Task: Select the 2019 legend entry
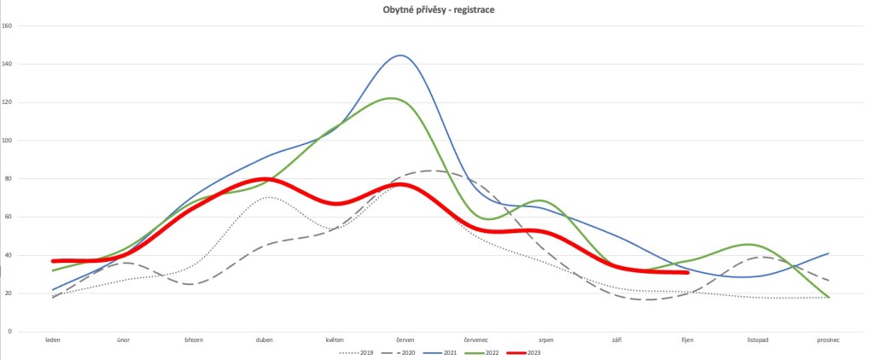coord(363,351)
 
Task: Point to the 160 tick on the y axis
coord(30,26)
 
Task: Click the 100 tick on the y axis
coord(30,140)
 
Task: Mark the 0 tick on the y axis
coord(32,331)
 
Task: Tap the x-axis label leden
coord(53,340)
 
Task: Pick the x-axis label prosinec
coord(829,340)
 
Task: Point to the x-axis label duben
coord(265,340)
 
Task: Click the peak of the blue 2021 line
coord(399,55)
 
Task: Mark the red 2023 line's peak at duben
coord(265,179)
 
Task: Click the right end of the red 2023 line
coord(687,272)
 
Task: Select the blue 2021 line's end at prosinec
coord(829,253)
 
